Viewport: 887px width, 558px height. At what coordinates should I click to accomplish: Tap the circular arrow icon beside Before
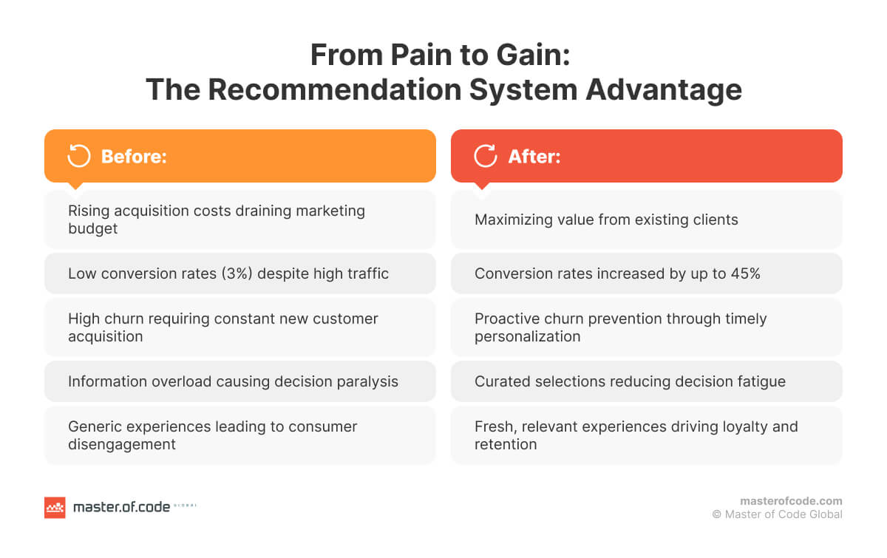pos(78,156)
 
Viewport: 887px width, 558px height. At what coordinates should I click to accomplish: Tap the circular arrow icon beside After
pos(485,156)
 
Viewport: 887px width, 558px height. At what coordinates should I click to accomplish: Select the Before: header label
pos(134,157)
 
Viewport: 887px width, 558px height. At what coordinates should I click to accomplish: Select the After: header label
pos(534,157)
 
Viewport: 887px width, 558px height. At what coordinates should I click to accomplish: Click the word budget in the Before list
pos(93,228)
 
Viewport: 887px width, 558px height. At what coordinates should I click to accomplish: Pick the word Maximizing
pos(513,220)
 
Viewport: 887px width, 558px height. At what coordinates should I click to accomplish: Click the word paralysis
pos(367,381)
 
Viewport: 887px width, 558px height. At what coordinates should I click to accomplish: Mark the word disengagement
pos(122,444)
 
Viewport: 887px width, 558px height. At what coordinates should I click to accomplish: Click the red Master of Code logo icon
pos(55,508)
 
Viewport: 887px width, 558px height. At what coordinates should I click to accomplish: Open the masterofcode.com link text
pos(791,501)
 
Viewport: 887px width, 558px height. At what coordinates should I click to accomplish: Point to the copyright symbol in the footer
pos(716,514)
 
